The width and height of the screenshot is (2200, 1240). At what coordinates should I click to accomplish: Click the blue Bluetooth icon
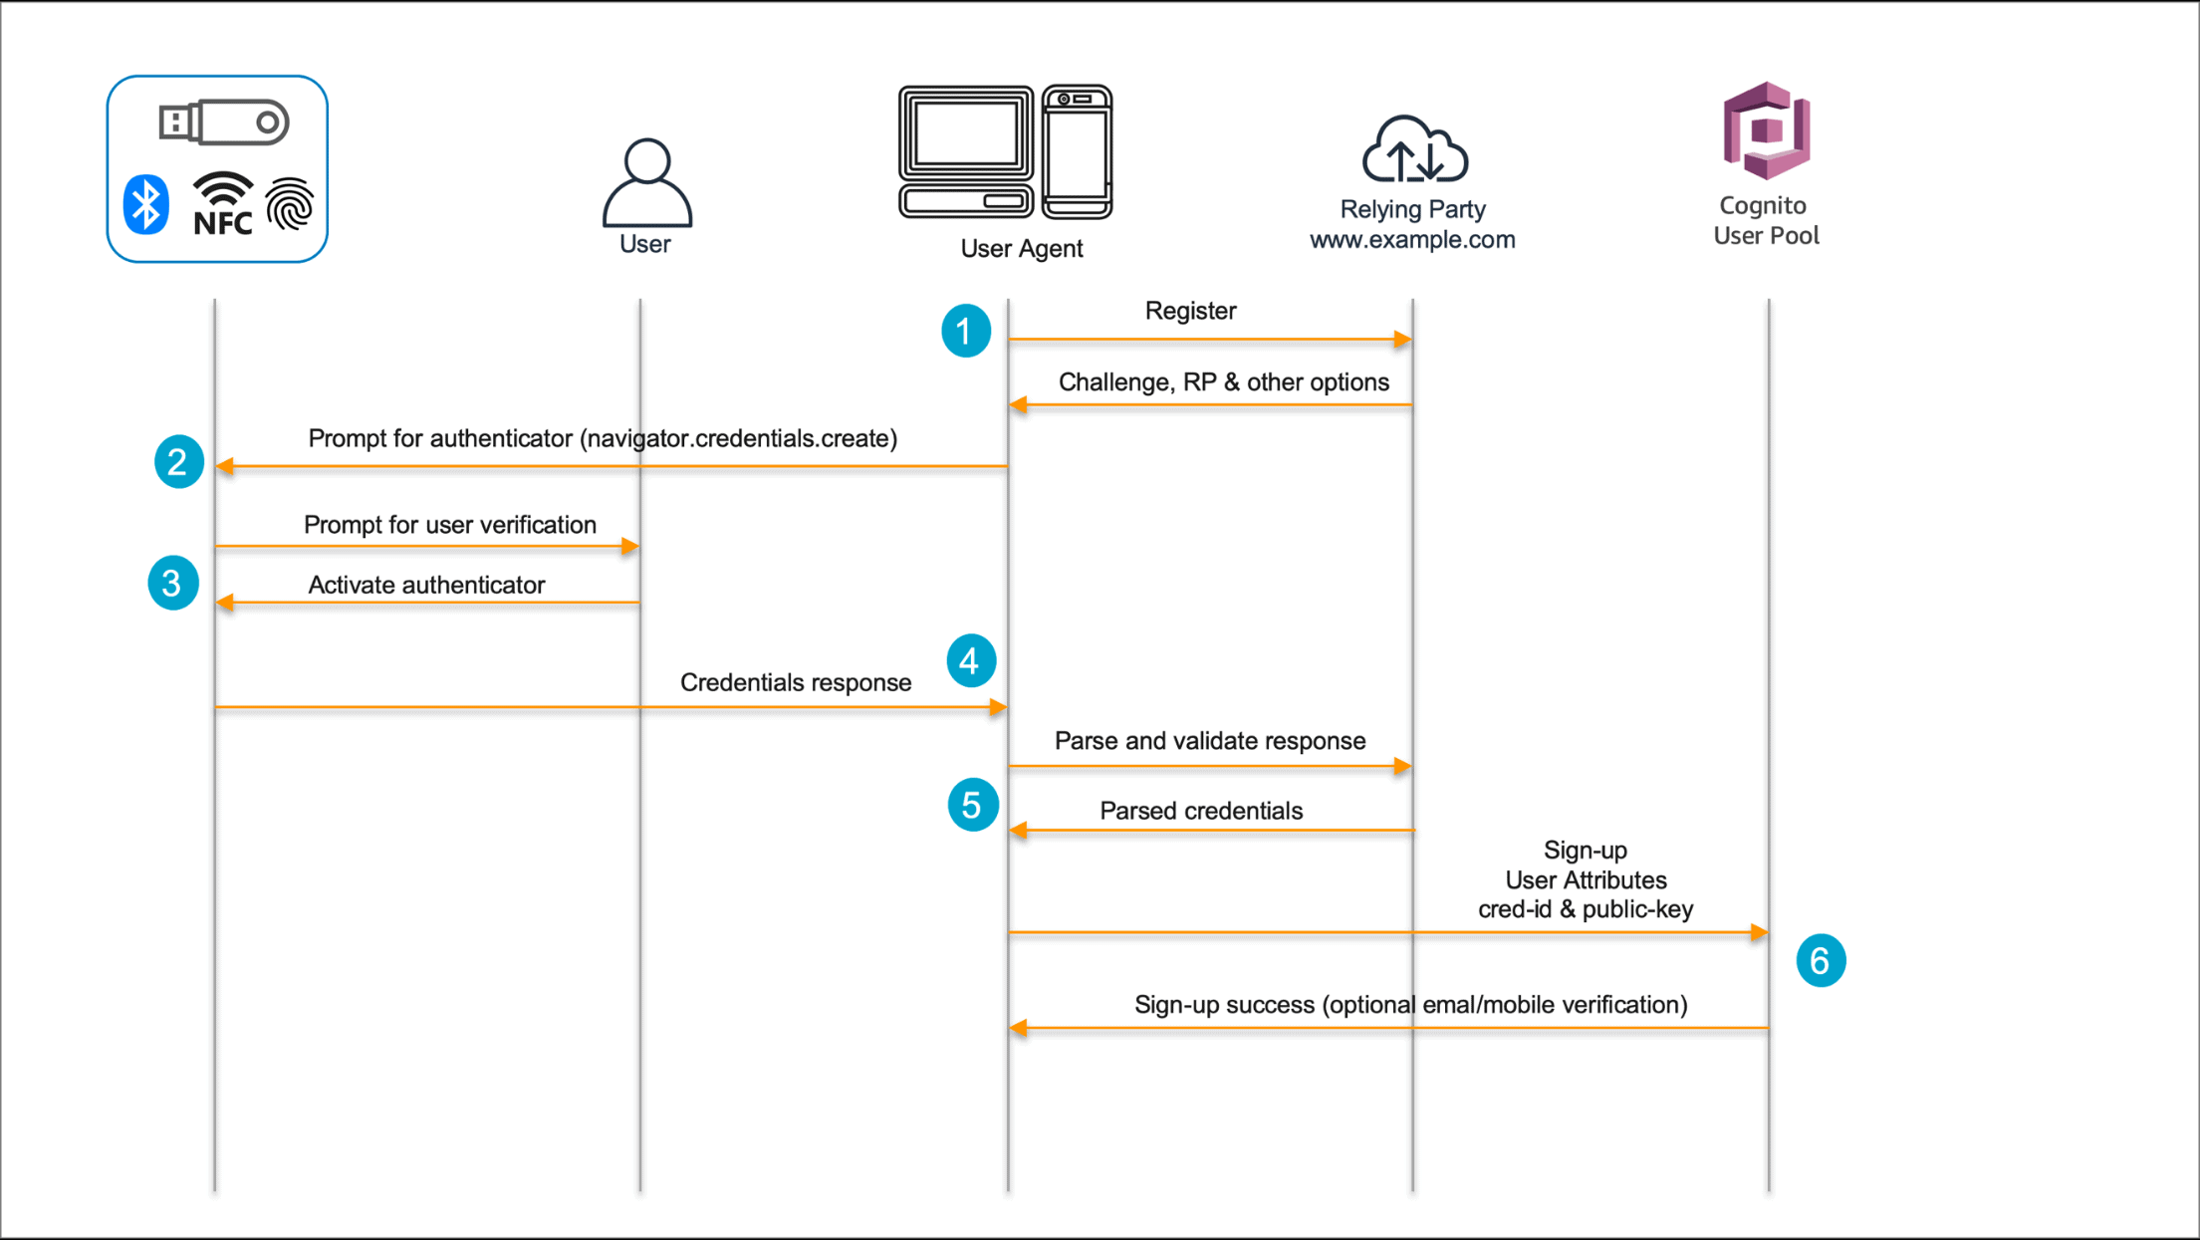click(146, 205)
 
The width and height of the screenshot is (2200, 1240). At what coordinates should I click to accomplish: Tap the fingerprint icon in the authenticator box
click(290, 204)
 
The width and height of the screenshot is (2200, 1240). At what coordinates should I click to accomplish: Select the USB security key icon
click(224, 123)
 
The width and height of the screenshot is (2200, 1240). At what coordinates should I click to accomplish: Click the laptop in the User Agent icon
click(966, 151)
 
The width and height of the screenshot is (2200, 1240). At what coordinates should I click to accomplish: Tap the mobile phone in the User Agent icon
click(1078, 151)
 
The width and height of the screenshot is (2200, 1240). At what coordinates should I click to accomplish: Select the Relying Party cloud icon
click(1414, 150)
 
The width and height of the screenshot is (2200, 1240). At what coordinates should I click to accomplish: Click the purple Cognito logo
click(1766, 130)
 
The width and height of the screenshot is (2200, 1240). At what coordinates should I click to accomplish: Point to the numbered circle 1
click(965, 331)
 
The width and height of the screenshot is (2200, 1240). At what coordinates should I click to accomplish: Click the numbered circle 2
click(178, 462)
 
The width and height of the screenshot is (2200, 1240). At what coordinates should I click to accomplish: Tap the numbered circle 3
click(172, 583)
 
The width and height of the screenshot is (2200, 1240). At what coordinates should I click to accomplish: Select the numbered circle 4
click(970, 660)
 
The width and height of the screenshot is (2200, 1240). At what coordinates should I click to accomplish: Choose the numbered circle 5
click(972, 805)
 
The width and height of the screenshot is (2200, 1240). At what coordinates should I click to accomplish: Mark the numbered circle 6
click(1820, 961)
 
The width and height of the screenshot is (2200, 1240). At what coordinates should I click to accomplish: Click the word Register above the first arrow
click(1190, 311)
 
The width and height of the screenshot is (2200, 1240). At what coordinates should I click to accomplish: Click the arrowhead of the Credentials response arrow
click(998, 707)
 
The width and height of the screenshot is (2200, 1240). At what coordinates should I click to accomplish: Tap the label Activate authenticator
click(426, 585)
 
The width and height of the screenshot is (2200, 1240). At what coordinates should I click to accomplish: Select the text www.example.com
click(1412, 240)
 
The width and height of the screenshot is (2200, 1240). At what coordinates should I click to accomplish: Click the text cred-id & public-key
click(1585, 909)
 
